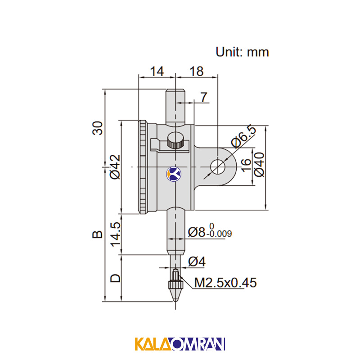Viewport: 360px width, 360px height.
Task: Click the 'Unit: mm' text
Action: pos(242,52)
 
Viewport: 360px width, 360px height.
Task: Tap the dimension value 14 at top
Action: pos(157,71)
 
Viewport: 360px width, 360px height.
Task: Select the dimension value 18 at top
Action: pos(197,71)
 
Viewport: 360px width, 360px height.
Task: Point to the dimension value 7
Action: pos(204,97)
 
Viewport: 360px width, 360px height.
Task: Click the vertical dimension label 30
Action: pos(97,128)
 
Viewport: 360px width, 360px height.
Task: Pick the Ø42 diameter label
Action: pos(115,166)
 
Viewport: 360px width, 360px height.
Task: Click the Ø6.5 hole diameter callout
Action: pos(243,137)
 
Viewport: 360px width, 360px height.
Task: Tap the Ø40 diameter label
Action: pos(260,164)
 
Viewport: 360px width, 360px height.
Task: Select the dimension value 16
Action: pos(246,165)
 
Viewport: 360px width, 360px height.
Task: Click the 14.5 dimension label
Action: pos(116,234)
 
